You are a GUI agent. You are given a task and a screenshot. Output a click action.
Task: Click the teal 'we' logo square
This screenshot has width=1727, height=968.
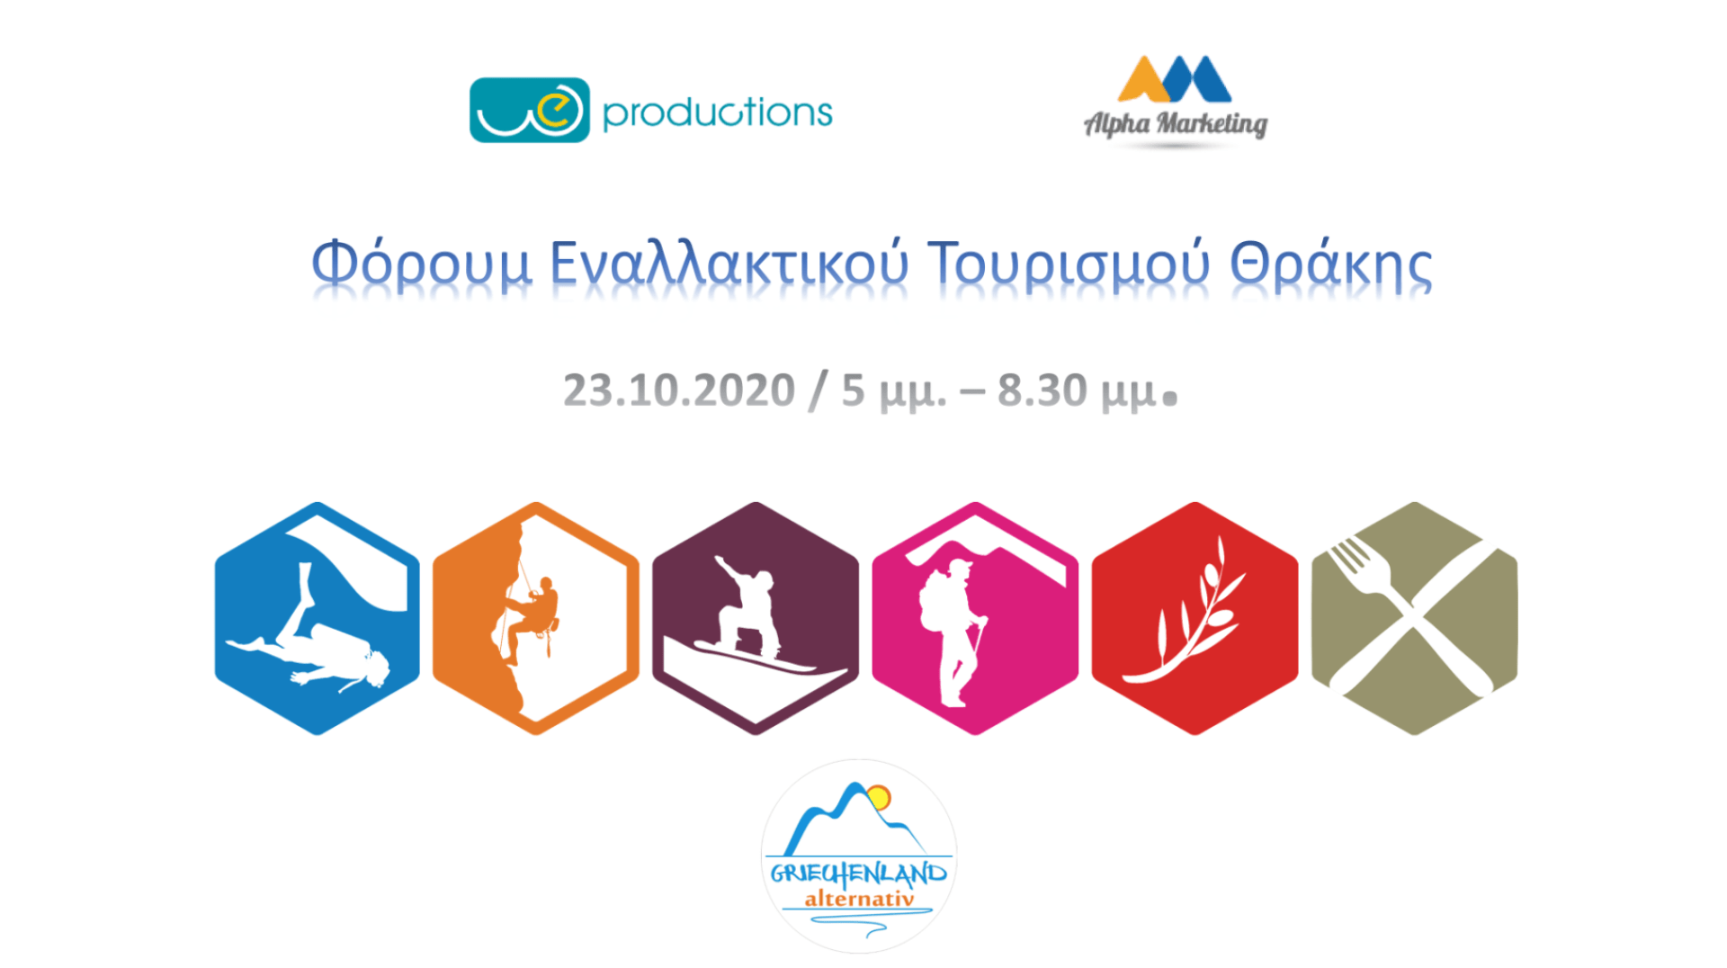530,110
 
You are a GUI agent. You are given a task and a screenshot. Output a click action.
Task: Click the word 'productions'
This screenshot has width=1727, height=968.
717,113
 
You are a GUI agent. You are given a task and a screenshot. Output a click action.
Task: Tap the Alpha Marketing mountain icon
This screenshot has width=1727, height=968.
1174,79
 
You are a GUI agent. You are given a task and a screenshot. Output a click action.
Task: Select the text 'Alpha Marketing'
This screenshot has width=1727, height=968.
1176,123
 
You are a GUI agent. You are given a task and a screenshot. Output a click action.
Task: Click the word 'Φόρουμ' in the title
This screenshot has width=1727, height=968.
422,264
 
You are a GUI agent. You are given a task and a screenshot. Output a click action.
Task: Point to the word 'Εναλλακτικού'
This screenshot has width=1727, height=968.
729,264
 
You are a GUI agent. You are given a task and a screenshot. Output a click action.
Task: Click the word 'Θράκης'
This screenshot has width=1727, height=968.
1330,264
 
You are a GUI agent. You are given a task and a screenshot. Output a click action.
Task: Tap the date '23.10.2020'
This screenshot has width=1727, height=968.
679,390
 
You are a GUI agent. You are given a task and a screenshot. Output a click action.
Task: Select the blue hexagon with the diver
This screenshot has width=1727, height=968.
318,618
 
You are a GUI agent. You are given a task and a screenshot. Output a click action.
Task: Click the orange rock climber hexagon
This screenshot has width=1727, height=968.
536,618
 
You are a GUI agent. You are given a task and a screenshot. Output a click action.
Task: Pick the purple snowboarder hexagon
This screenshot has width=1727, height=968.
756,618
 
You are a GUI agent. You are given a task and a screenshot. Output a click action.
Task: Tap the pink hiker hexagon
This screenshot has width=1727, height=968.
975,618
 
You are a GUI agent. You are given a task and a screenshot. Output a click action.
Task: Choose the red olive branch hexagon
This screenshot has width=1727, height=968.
1195,618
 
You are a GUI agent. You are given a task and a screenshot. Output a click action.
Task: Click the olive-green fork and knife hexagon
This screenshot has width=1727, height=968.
1415,618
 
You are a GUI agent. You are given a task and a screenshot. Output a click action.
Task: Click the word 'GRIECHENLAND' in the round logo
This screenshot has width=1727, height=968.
859,874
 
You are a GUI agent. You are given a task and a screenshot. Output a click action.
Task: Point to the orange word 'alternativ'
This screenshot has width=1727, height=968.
859,899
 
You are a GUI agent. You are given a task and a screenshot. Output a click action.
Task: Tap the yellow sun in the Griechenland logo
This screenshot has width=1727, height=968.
879,798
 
